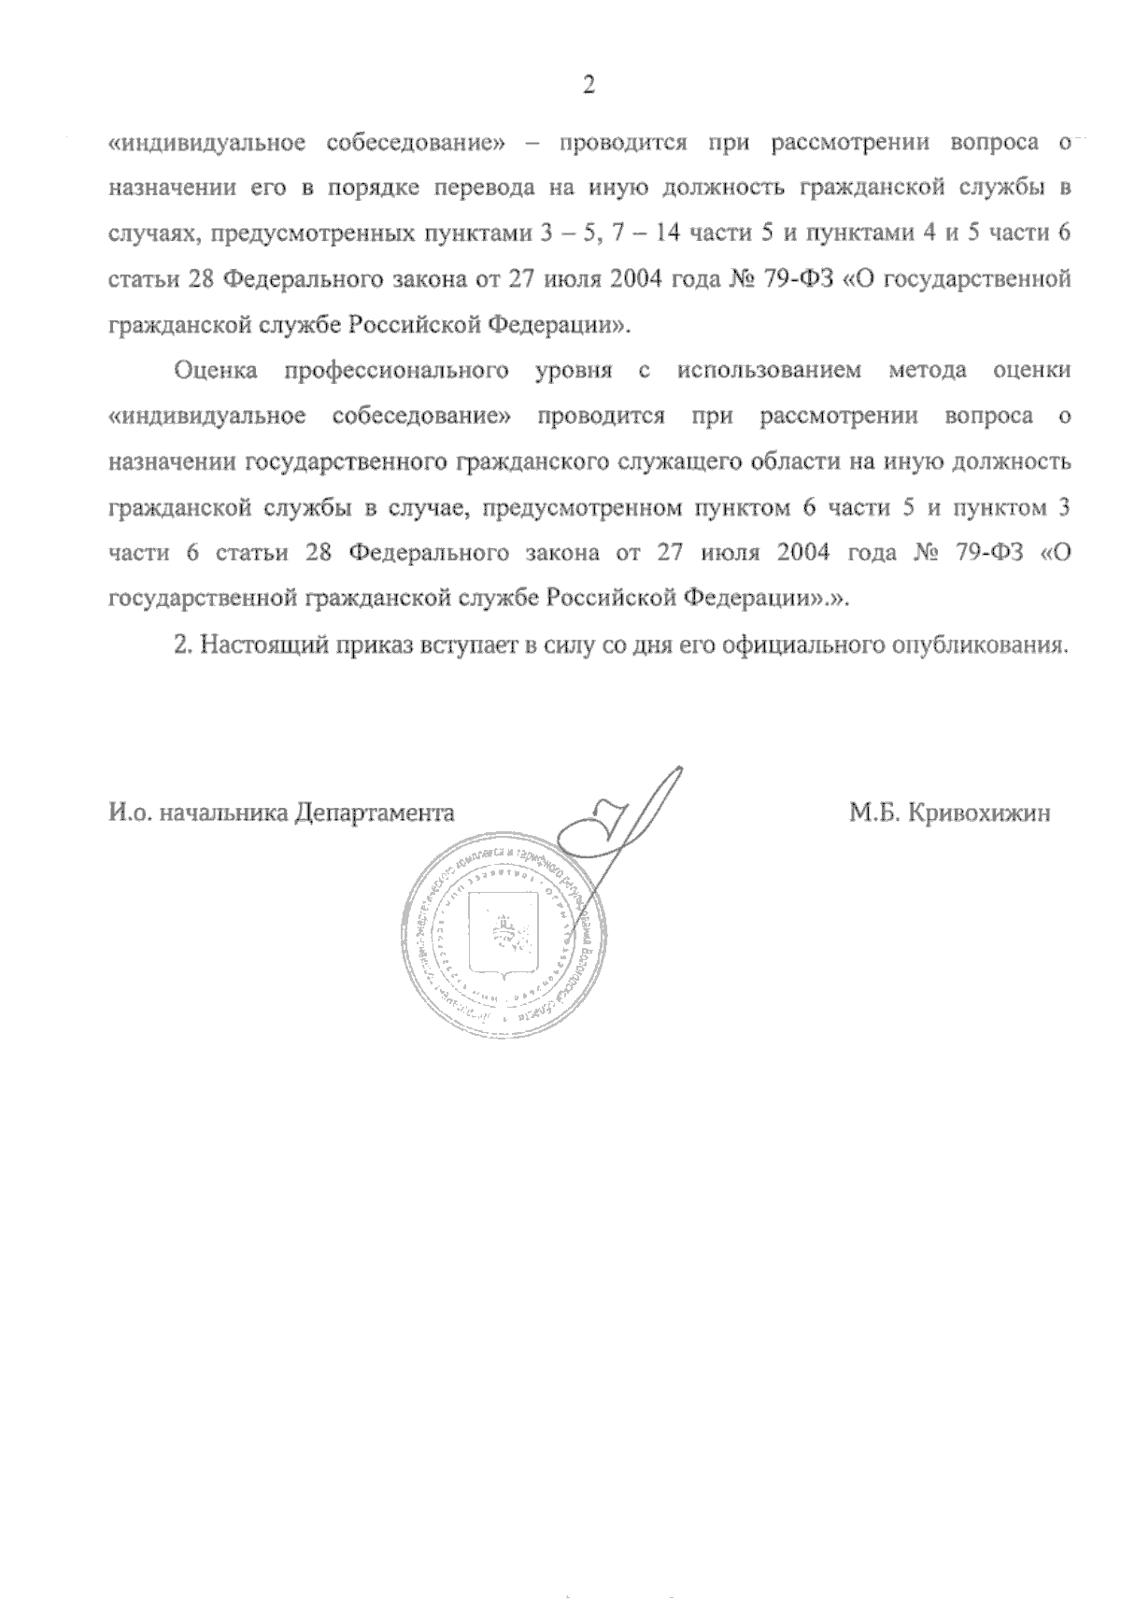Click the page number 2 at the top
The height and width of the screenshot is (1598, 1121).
(588, 86)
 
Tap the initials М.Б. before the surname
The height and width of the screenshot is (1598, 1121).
(873, 813)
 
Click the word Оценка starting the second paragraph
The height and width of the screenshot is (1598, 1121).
(216, 371)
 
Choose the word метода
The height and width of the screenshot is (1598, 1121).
(933, 371)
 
